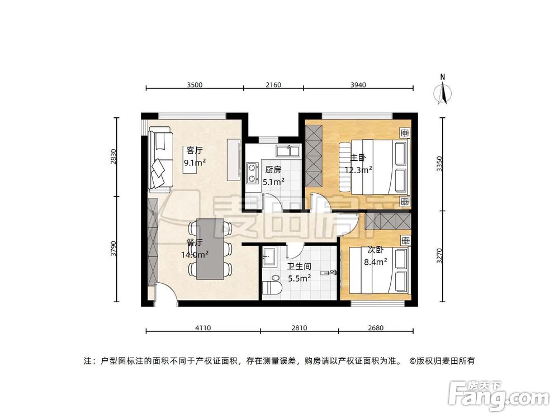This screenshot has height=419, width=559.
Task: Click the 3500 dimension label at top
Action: pos(194,85)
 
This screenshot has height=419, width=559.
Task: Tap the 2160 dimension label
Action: pos(273,85)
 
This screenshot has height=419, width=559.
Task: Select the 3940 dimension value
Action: pos(358,85)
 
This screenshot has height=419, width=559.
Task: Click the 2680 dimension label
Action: pos(376,328)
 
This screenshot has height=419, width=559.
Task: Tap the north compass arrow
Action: pos(443,92)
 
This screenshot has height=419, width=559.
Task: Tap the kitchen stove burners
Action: pos(252,173)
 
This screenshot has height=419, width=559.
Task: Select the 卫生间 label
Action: pos(299,266)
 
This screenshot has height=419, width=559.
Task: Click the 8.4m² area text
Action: pos(375,261)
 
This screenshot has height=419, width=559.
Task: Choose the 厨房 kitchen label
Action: pos(273,170)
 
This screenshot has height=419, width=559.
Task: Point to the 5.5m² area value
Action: pos(299,277)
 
